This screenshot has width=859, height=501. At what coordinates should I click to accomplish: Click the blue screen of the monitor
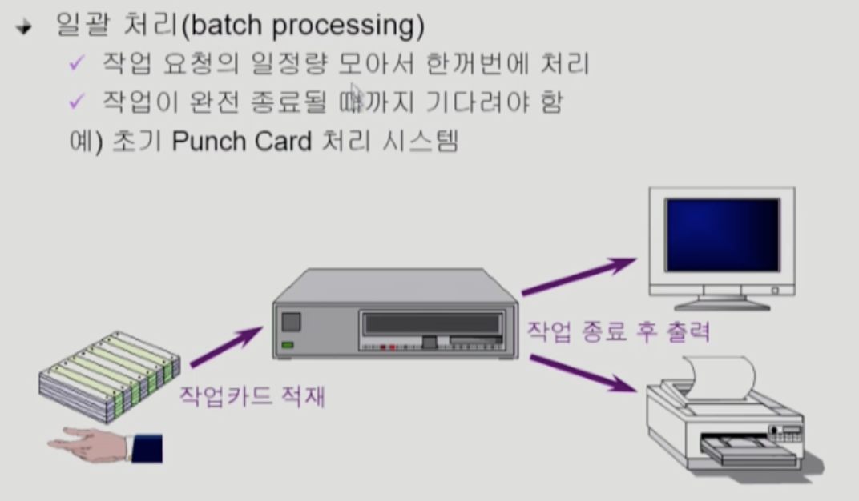coord(722,236)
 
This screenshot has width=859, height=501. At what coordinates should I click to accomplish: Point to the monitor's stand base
coord(722,303)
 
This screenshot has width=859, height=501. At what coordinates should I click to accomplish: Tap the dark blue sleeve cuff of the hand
coord(147,447)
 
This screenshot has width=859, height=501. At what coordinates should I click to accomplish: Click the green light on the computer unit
coord(288,345)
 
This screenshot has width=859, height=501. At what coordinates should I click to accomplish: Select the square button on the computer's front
coord(291,322)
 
